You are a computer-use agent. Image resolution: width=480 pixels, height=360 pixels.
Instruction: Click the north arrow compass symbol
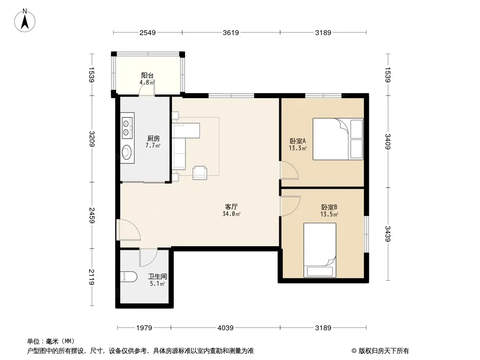point(25,21)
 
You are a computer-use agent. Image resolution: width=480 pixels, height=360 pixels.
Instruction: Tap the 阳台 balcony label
point(147,75)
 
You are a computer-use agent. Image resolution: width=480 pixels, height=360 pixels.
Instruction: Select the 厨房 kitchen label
point(154,138)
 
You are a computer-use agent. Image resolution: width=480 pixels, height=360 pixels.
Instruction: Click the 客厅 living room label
point(231,207)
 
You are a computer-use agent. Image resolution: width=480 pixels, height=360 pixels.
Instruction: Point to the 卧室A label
point(298,141)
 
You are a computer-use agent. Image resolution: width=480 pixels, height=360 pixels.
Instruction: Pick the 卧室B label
point(330,207)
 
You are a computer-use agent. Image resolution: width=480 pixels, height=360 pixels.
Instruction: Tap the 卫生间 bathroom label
point(158,276)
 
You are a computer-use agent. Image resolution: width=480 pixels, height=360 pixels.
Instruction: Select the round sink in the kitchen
point(127,152)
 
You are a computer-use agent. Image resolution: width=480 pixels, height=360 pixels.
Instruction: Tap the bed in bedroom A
point(338,139)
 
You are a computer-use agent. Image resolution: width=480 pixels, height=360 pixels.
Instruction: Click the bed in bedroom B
point(320,250)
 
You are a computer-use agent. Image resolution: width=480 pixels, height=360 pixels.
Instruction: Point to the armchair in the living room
point(199,172)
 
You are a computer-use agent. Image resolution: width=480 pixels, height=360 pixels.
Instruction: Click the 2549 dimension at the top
point(148,32)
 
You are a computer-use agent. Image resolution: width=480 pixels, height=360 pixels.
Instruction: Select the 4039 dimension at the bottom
point(226,328)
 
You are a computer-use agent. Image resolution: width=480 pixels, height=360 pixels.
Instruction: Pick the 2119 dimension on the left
point(91,277)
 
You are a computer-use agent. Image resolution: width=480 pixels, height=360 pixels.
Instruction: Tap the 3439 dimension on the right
point(388,234)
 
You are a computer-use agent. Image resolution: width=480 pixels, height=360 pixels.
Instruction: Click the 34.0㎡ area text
point(231,214)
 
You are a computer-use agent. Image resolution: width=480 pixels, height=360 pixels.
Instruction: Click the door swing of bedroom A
point(289,170)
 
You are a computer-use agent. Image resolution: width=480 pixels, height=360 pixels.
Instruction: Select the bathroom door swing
point(148,257)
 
